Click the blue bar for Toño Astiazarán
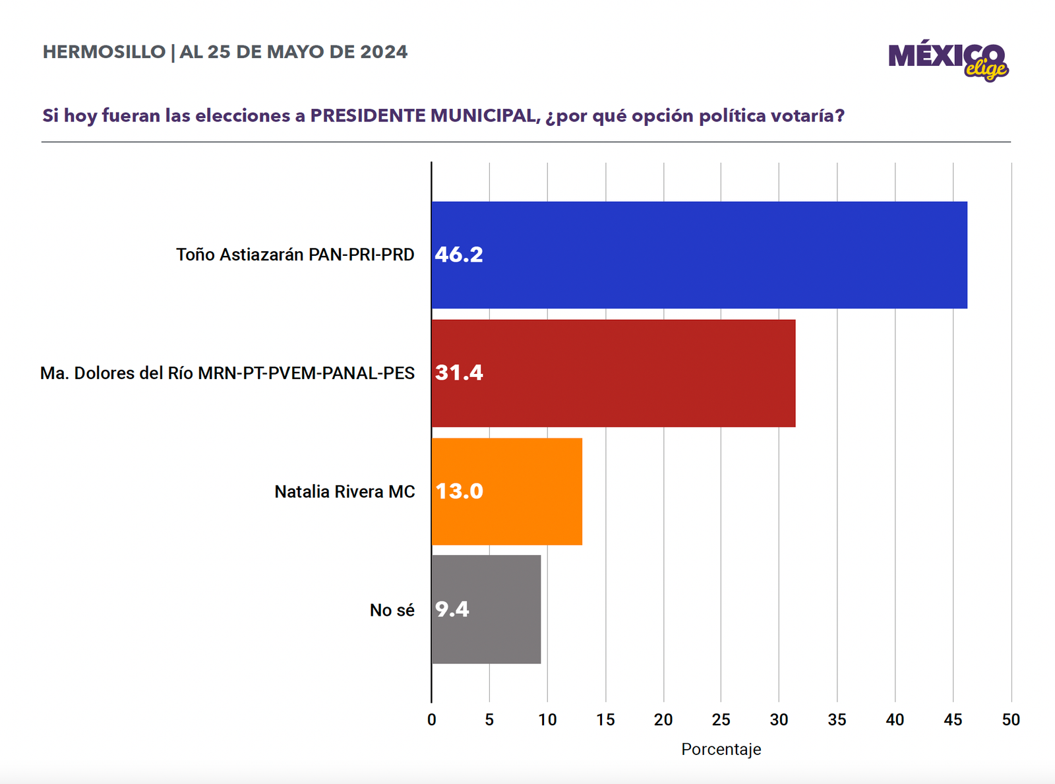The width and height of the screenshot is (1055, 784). pos(699,255)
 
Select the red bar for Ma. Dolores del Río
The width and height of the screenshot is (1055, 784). pos(613,373)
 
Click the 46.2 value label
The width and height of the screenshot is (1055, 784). pos(459,255)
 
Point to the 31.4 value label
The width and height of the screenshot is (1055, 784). pos(459,373)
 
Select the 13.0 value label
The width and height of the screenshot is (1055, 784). pos(459,491)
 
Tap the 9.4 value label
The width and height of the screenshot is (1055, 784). pos(452,609)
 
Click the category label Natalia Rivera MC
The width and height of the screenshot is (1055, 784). pos(345,492)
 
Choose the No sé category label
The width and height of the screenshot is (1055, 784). pos(392,611)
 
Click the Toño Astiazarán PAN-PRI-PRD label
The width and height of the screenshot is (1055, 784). pos(295,255)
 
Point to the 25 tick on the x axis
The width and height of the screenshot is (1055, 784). pos(721,720)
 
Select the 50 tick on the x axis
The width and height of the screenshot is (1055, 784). pos(1011,720)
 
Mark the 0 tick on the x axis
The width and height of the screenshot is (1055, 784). pos(432,720)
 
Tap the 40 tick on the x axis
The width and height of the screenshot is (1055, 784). pos(895,720)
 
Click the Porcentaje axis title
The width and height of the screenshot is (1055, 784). pos(721,750)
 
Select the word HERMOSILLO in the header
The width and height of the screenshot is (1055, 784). pos(104,52)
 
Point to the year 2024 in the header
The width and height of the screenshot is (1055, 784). pos(384,52)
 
